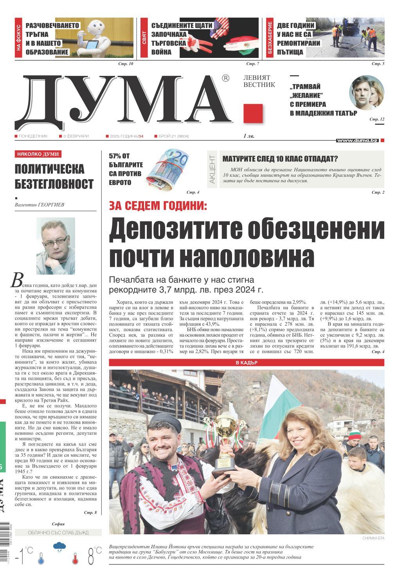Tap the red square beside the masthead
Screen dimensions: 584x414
(253, 114)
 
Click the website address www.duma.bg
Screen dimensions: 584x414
(357, 140)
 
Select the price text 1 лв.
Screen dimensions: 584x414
(249, 136)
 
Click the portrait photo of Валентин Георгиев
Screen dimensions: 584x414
(56, 246)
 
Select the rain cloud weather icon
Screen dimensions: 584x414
(59, 546)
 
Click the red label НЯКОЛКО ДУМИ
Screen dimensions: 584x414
(38, 155)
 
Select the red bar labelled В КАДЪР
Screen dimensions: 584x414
(247, 363)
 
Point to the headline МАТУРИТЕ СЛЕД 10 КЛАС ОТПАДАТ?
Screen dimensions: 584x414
(280, 159)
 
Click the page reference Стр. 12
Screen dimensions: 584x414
(377, 119)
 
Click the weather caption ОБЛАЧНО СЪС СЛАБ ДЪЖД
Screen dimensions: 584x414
(58, 533)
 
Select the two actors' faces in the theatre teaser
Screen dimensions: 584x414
(366, 92)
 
